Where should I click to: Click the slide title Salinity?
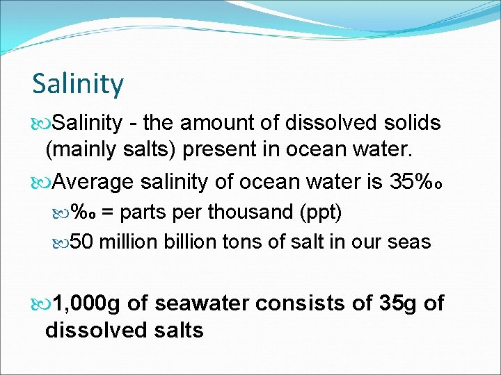[x=78, y=84]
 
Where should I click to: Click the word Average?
[x=93, y=182]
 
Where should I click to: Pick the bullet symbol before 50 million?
[x=62, y=242]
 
